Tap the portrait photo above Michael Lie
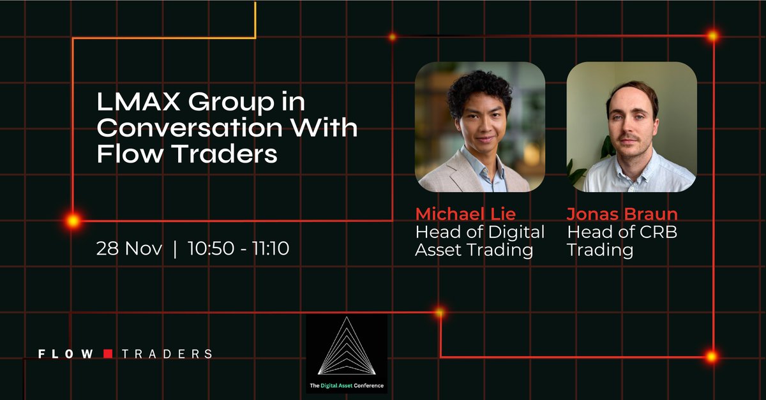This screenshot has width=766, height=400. pyautogui.click(x=480, y=127)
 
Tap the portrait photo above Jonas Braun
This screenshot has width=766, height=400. pyautogui.click(x=631, y=127)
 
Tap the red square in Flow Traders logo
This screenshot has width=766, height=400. pyautogui.click(x=108, y=353)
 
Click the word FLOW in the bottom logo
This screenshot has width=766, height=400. pyautogui.click(x=66, y=353)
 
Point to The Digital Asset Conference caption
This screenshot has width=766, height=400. pyautogui.click(x=347, y=385)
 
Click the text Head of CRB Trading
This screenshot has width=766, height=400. pyautogui.click(x=622, y=241)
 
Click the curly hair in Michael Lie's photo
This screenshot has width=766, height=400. pyautogui.click(x=479, y=86)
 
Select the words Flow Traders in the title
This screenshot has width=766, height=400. pyautogui.click(x=187, y=154)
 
